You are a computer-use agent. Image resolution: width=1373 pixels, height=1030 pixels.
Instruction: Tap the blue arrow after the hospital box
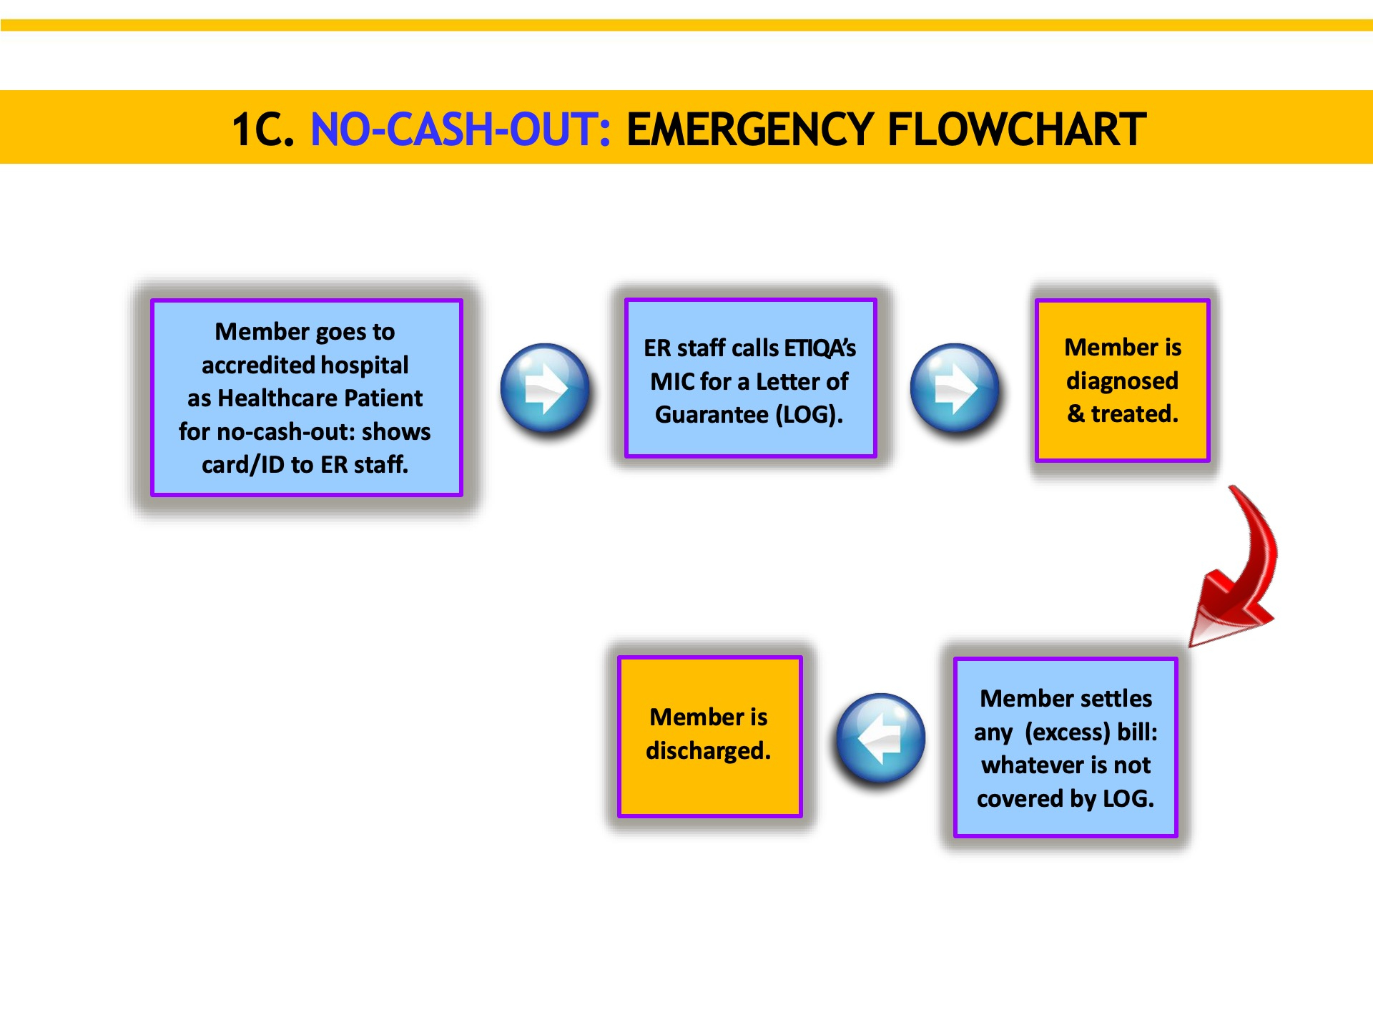tap(545, 388)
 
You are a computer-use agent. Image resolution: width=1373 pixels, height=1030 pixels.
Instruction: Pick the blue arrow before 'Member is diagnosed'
tap(955, 388)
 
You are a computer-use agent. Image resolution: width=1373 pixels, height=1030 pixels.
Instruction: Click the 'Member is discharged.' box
tap(709, 736)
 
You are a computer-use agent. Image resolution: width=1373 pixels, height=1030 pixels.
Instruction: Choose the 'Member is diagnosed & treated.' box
tap(1122, 380)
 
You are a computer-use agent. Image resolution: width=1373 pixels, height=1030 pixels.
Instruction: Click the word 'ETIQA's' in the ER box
tap(820, 348)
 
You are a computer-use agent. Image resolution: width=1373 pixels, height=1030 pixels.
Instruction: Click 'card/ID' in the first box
tap(243, 465)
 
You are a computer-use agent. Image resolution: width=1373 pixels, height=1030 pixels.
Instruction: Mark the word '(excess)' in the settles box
tap(1068, 732)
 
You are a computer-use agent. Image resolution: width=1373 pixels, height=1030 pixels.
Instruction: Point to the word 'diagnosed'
tap(1122, 381)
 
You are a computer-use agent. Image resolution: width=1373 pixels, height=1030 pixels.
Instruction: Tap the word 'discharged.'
tap(709, 750)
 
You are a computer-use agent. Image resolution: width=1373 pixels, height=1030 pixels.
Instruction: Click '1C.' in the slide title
tap(263, 129)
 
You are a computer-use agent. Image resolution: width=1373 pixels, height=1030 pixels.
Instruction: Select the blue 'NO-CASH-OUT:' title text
tap(461, 129)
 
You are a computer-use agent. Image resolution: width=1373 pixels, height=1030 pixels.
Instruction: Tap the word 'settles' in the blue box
tap(1116, 698)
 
